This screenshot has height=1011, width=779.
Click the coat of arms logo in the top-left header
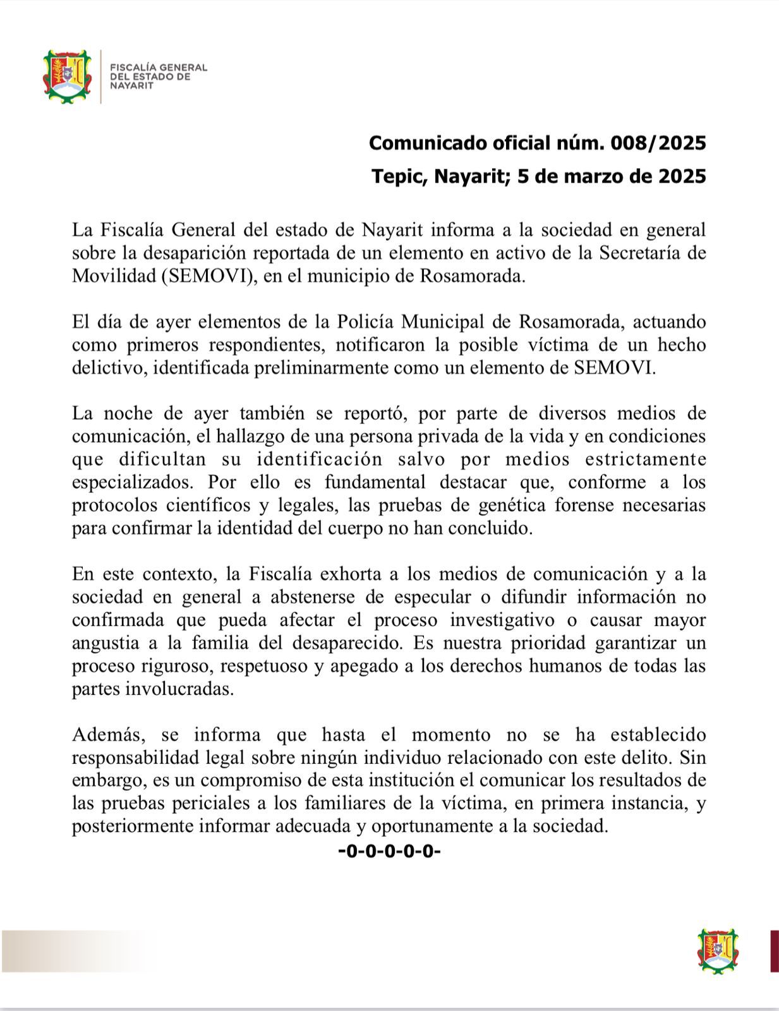[x=67, y=76]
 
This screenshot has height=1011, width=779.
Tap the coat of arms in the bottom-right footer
[x=718, y=950]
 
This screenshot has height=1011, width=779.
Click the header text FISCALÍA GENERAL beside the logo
[x=159, y=67]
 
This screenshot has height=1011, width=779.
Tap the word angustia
[x=106, y=643]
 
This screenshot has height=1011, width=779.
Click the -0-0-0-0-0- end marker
[x=389, y=851]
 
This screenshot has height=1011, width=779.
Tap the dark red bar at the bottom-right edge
[x=774, y=950]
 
